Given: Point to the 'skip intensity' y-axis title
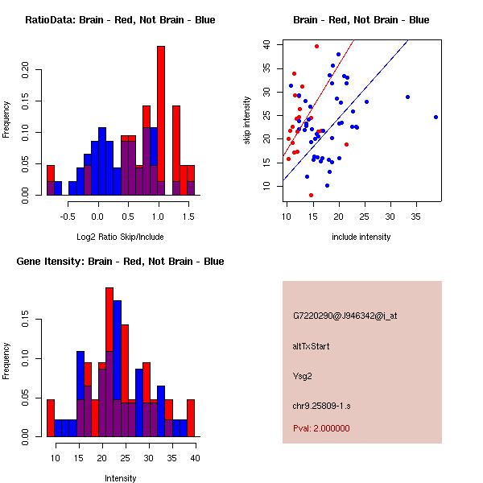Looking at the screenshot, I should click(248, 120).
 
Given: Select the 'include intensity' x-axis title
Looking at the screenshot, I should click(361, 237).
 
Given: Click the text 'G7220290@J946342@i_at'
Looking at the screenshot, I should click(345, 316).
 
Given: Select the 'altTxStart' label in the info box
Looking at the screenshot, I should click(312, 346).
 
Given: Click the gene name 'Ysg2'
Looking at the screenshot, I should click(303, 374).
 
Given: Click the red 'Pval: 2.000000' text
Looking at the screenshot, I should click(321, 428).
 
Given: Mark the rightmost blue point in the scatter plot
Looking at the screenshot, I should click(436, 117).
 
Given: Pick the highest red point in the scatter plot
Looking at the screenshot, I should click(316, 46).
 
